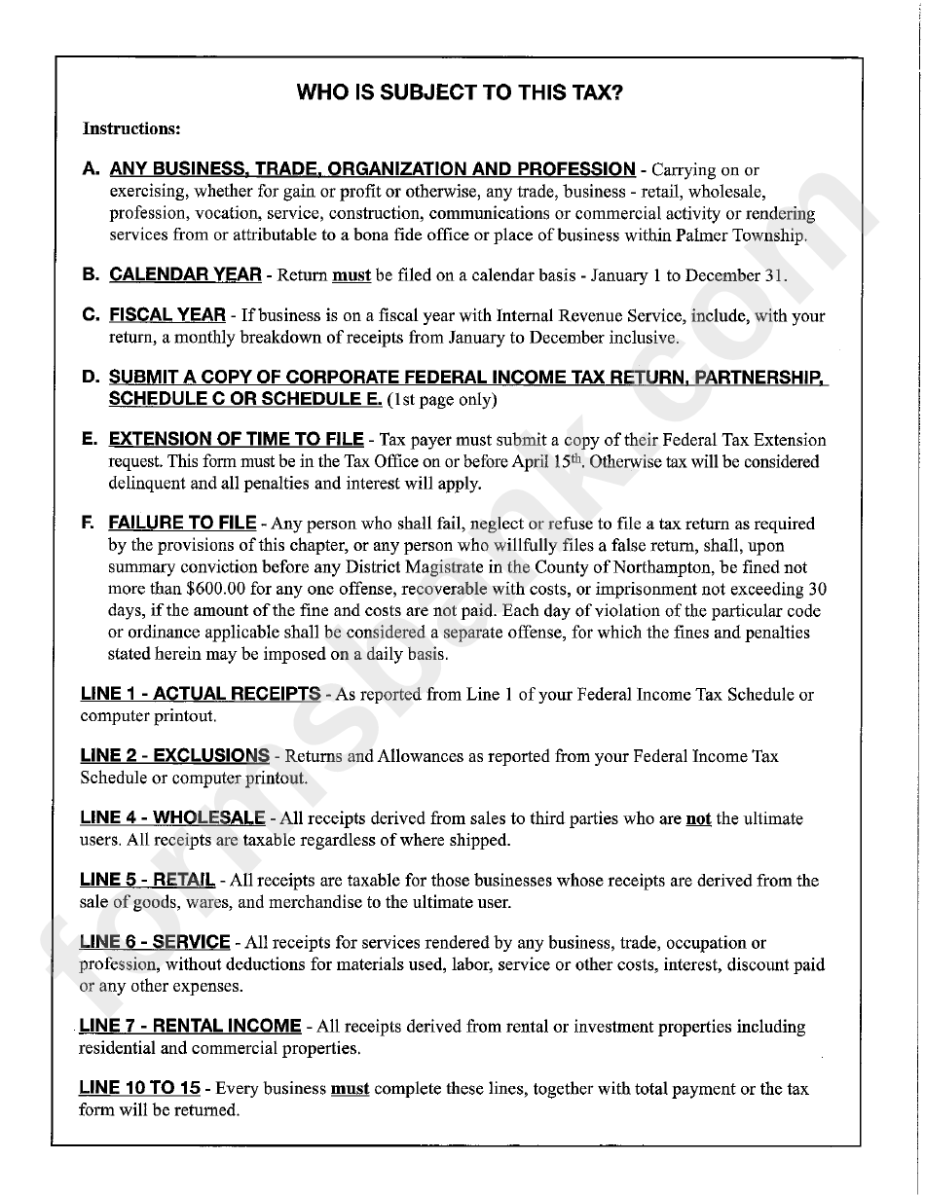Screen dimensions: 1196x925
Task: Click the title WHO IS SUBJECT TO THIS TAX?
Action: [460, 92]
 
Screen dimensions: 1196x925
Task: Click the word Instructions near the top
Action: [130, 128]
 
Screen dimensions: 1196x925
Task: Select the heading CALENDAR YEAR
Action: [185, 275]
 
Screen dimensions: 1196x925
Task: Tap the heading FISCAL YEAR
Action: [167, 315]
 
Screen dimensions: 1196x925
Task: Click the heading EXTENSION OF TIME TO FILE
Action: [236, 440]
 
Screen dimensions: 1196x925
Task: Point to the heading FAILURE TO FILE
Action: [182, 524]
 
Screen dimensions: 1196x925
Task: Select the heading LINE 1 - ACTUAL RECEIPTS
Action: [200, 695]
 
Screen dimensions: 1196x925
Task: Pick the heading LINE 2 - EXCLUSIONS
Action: [174, 756]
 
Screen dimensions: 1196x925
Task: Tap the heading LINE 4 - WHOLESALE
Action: [172, 818]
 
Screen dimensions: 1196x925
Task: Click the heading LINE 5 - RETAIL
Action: [147, 881]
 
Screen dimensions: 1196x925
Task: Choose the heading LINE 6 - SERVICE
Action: [155, 943]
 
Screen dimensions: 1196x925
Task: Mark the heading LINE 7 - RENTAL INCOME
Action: [190, 1027]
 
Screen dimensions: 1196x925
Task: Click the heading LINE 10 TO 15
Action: [139, 1089]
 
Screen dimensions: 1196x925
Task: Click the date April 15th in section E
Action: [555, 462]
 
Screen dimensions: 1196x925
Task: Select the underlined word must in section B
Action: [351, 276]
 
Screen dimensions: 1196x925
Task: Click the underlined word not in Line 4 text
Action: [698, 819]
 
